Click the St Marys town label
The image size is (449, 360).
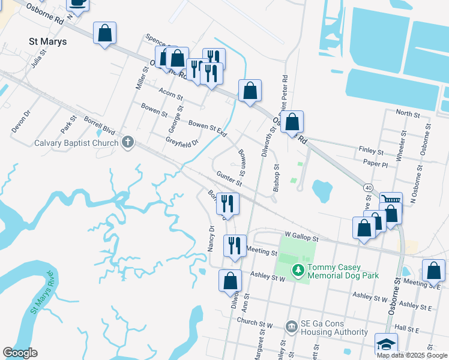click(x=47, y=42)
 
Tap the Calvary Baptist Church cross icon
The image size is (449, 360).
click(x=127, y=143)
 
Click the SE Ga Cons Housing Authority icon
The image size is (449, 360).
click(x=292, y=326)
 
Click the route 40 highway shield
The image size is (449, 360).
click(x=368, y=188)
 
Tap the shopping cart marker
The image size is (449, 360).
click(x=391, y=202)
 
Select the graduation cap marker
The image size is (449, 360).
click(x=386, y=344)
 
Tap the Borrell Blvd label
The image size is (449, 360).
click(x=99, y=124)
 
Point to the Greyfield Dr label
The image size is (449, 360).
click(x=182, y=144)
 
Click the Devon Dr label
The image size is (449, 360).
click(x=20, y=121)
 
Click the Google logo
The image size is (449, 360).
click(x=20, y=353)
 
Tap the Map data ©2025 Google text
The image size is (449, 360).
click(x=411, y=355)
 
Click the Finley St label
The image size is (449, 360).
click(x=370, y=151)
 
